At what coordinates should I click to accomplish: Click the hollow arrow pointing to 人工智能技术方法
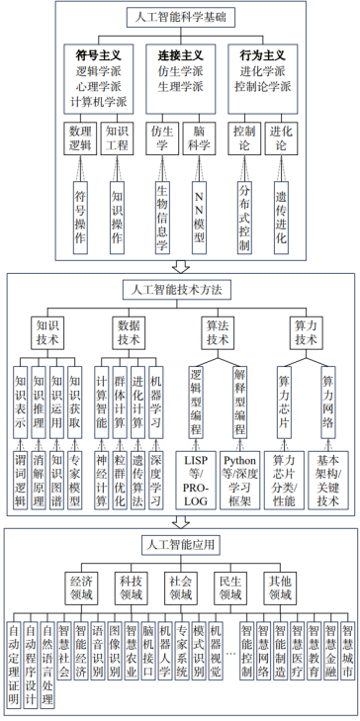tap(180, 267)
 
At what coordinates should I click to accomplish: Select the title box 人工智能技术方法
tap(179, 290)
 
